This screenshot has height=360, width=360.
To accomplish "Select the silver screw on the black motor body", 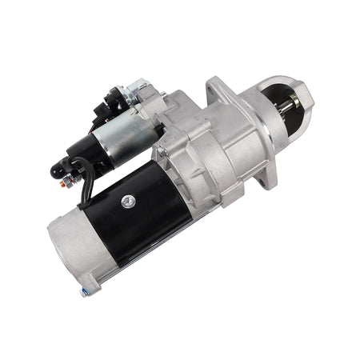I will click(127, 202).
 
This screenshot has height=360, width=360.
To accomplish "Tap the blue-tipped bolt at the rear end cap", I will click(83, 293).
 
